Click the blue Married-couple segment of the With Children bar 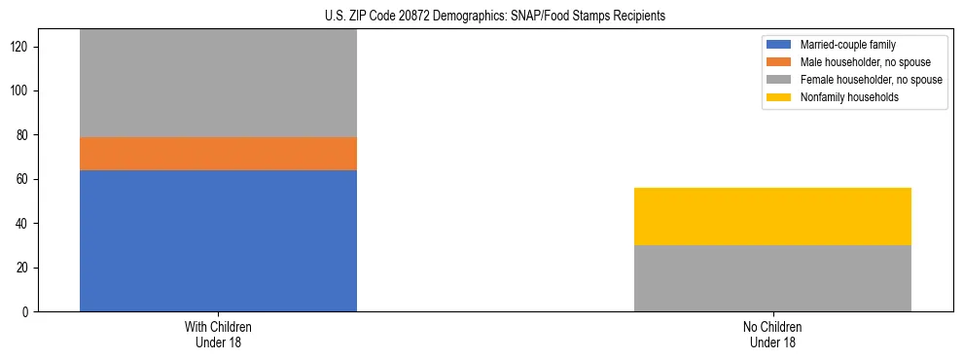tap(218, 240)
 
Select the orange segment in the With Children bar tap(218, 154)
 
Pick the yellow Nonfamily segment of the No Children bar tap(772, 216)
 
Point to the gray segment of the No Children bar tap(772, 278)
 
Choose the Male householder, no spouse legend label tap(865, 62)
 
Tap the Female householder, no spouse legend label tap(871, 80)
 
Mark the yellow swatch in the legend tap(779, 97)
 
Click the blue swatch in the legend tap(779, 45)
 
